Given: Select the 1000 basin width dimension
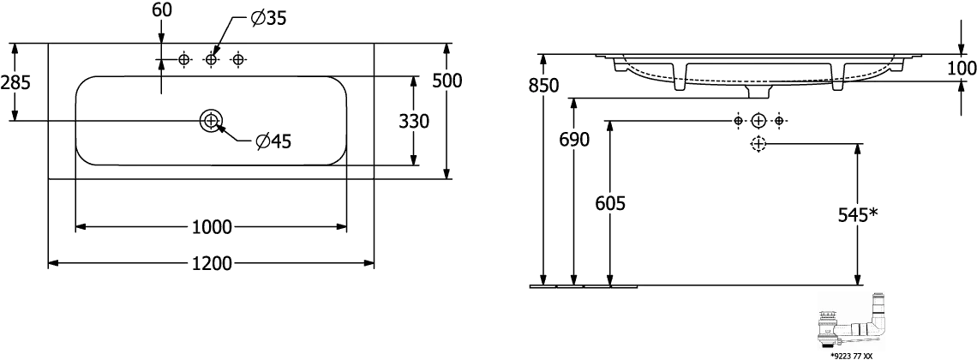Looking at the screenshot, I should pos(212,226).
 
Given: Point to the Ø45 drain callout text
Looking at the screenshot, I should pos(273,141).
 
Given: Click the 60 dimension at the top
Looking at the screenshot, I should pos(160,10).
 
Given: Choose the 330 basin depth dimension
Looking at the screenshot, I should pos(415,121).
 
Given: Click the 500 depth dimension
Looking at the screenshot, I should pos(447,81).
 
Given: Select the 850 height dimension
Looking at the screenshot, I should pos(543,86).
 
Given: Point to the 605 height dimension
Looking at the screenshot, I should pos(609,203).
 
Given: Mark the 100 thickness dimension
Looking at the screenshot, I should pos(961,67).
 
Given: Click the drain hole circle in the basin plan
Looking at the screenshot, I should pos(210,121).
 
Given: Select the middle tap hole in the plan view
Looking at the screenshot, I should pos(212,59).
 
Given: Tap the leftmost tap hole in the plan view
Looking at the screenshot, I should pos(184,59).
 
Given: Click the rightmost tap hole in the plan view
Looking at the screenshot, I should pos(239,59).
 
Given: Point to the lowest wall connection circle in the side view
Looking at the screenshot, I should pos(758,145).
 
